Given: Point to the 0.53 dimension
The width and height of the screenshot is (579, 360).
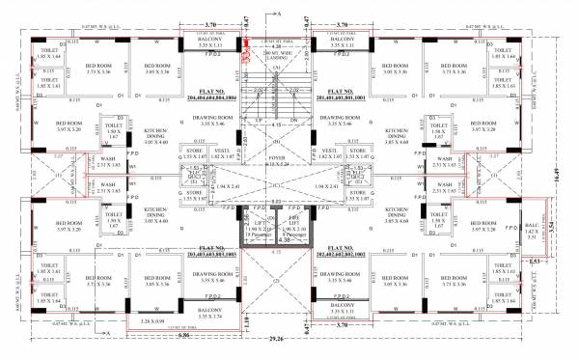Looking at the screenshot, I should (x=535, y=261).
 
